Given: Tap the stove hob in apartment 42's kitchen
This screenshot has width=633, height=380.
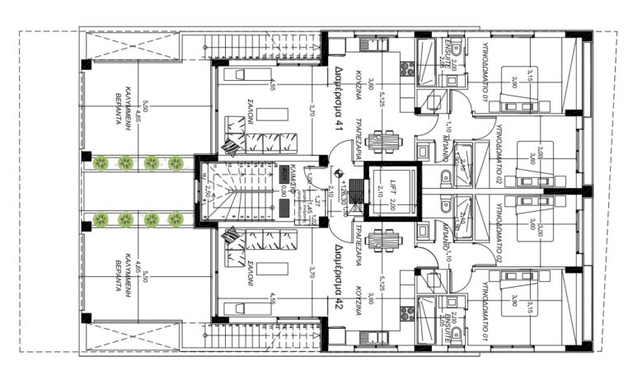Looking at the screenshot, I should point(406,312).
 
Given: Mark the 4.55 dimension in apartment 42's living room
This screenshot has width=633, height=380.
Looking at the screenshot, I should point(271,299).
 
